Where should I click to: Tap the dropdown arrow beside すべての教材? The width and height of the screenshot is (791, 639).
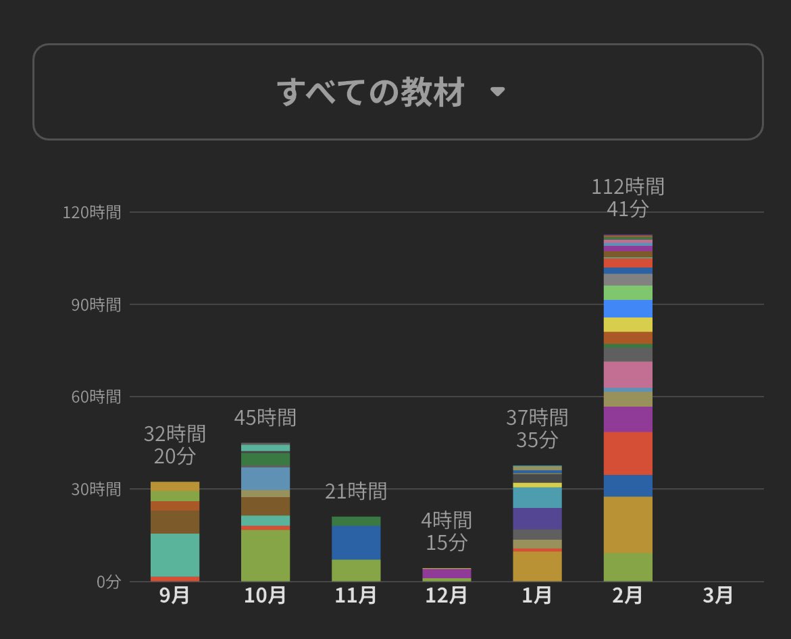coord(497,92)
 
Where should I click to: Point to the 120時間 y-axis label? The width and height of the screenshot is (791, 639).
coord(91,213)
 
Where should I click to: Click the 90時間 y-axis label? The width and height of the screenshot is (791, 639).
coord(95,305)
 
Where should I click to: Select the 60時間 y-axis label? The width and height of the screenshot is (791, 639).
coord(95,397)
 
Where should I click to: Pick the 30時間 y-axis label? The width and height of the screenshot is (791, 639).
coord(95,488)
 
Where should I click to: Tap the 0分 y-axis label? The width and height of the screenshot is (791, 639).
coord(107,581)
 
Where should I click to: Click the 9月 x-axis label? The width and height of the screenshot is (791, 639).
coord(174,596)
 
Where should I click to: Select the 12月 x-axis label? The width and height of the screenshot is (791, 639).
coord(446,596)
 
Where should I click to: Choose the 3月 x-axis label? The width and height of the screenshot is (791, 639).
coord(717,596)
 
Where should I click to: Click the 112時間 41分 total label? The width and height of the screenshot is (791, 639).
coord(628,197)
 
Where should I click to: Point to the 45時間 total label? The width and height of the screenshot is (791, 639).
coord(265,417)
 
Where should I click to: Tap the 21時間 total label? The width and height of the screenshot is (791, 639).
coord(356,491)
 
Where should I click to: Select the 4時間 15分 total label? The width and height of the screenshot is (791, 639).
coord(446,531)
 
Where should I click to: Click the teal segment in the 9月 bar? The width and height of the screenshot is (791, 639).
coord(174,555)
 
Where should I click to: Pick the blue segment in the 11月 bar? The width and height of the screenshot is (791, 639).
coord(356,542)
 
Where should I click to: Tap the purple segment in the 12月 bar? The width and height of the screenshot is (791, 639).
coord(446,573)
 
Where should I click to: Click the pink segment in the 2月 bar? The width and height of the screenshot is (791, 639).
coord(628,374)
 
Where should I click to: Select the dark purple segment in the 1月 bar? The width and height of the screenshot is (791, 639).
coord(537,518)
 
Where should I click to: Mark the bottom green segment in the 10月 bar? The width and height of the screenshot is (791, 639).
coord(265,555)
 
